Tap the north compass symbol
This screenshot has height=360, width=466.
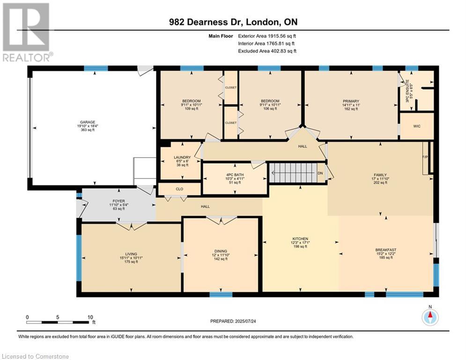[x=429, y=317]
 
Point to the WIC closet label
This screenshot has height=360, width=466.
[x=416, y=127]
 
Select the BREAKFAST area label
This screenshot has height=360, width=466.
[x=385, y=249]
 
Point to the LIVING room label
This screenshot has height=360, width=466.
[x=127, y=254]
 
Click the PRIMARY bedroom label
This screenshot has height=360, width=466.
[x=351, y=101]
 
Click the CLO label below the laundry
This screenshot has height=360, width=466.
[x=179, y=189]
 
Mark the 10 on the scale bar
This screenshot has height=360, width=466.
[x=90, y=317]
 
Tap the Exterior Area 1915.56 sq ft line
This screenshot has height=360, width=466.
[x=267, y=36]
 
